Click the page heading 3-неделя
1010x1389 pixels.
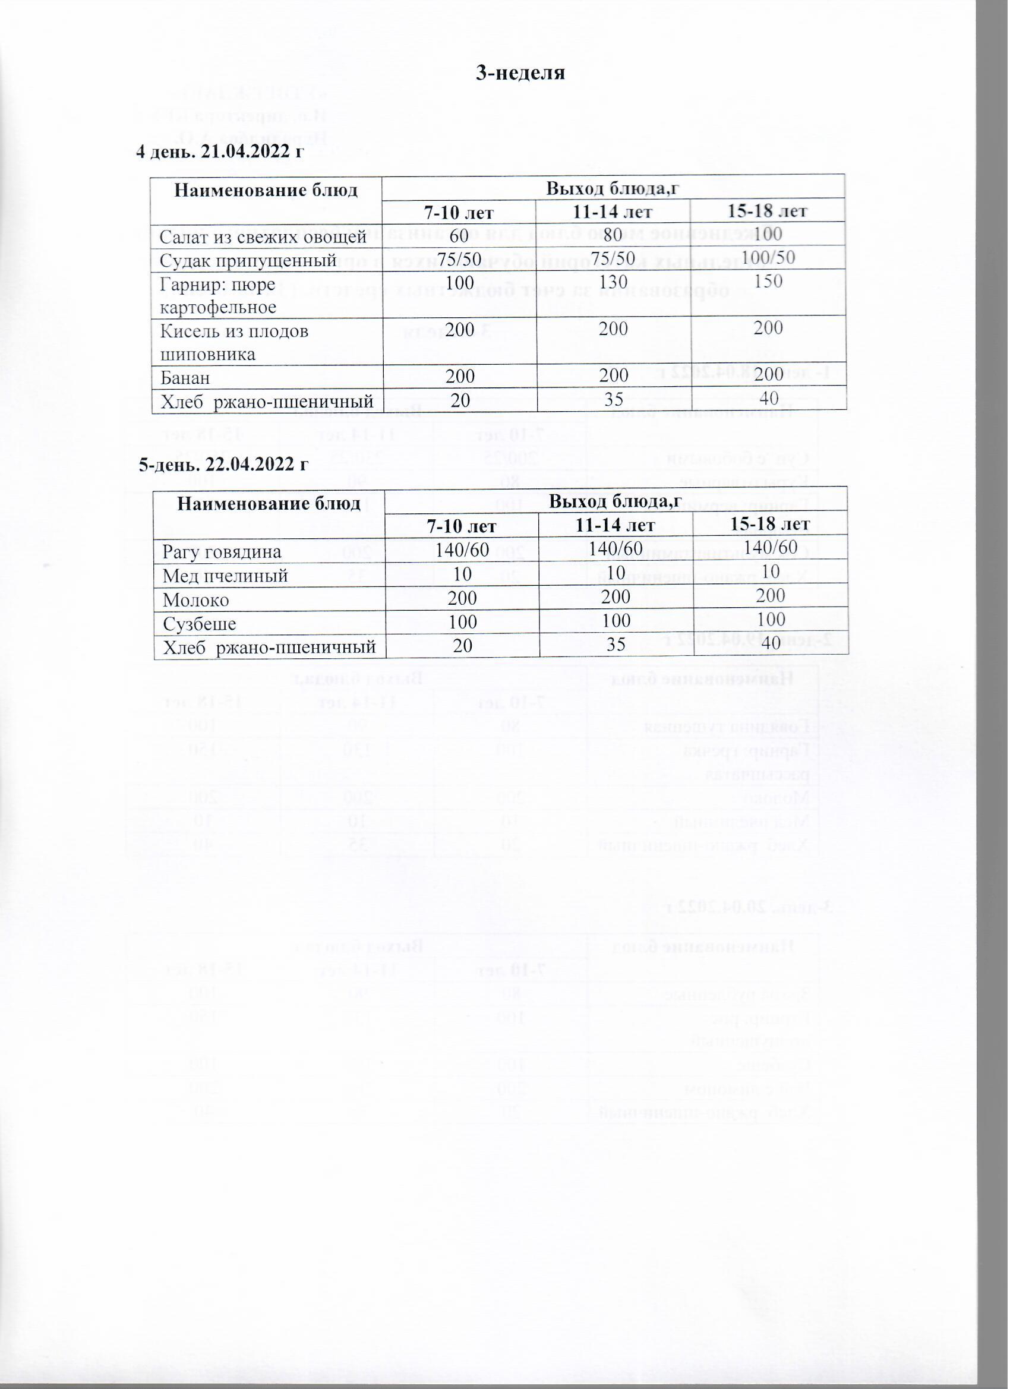coord(520,73)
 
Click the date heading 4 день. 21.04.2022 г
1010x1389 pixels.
coord(219,151)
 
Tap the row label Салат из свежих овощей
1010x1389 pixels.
coord(263,236)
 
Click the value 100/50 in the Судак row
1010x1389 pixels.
coord(769,257)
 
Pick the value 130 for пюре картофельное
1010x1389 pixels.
coord(613,282)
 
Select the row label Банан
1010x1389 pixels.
coord(185,378)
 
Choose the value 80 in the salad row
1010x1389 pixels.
coord(613,234)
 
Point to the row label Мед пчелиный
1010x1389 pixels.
coord(225,576)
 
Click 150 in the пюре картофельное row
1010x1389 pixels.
coord(769,281)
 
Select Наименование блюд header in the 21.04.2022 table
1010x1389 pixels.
coord(266,191)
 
